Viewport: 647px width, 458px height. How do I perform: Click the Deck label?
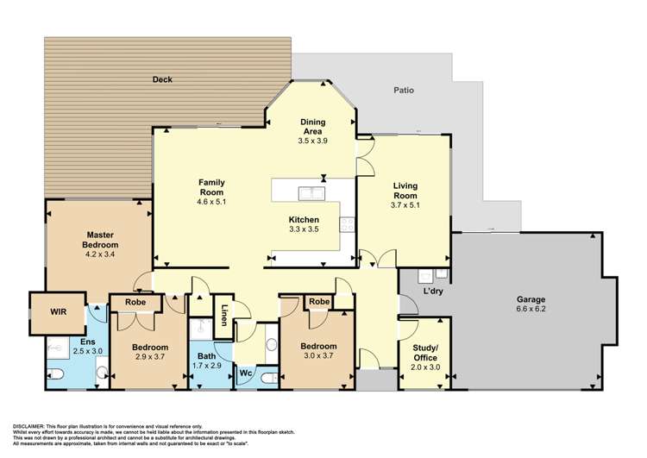pos(162,79)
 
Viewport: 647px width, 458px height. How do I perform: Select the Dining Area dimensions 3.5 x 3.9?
pos(313,141)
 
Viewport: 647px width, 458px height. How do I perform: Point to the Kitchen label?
pos(304,219)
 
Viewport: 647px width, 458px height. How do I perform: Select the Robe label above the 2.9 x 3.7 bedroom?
pos(135,303)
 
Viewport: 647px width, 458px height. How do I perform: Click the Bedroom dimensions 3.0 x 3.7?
pos(318,355)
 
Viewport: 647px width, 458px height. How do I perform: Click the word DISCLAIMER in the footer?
pos(29,426)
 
